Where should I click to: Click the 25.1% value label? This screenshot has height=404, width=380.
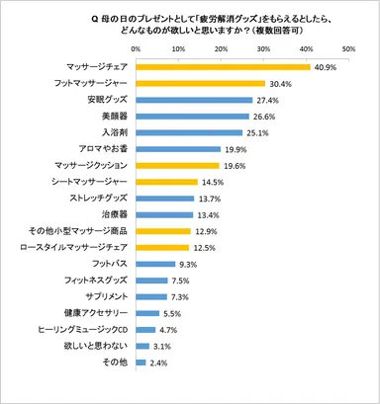(x=258, y=132)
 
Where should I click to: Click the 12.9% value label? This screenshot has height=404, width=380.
(x=207, y=231)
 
